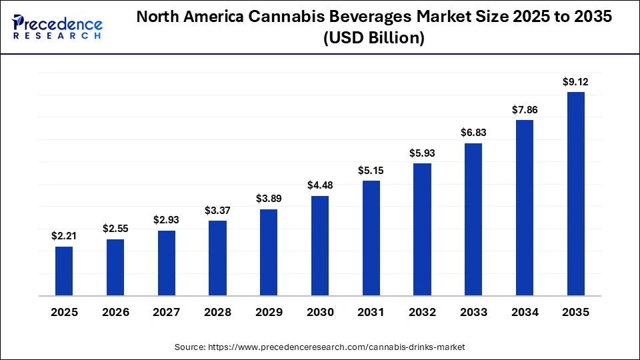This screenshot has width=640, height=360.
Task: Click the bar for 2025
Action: click(x=64, y=271)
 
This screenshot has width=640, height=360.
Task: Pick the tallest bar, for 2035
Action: click(x=576, y=193)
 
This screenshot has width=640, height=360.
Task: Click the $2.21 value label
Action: click(x=64, y=235)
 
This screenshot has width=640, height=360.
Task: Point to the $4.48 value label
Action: click(x=320, y=185)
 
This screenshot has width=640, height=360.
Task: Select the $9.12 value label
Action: click(x=576, y=81)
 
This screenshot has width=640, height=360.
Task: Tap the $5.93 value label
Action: click(x=423, y=153)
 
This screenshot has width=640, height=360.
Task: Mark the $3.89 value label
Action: click(x=269, y=199)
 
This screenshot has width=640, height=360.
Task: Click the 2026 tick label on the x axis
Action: click(x=115, y=312)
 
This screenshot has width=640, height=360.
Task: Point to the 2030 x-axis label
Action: click(x=320, y=312)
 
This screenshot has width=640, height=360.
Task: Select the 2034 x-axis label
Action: click(x=525, y=312)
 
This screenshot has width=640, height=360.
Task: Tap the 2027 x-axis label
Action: click(x=167, y=312)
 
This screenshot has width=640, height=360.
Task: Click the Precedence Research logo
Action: click(x=58, y=26)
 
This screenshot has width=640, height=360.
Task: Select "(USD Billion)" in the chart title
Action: click(x=373, y=39)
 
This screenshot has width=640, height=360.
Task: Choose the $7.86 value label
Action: click(x=525, y=109)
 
